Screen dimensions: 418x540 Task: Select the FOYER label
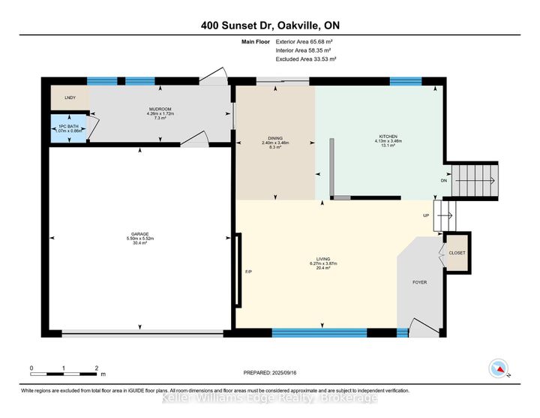420,283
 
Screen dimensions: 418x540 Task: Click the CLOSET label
457,253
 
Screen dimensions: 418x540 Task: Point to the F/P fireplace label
248,271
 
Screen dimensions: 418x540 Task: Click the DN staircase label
444,180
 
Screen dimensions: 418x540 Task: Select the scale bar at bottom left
64,372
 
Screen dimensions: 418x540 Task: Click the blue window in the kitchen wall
406,82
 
